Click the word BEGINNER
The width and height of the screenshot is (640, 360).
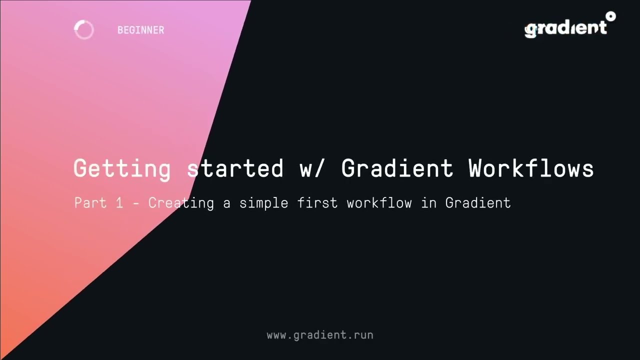pyautogui.click(x=140, y=30)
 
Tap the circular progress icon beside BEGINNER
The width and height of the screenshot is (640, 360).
pyautogui.click(x=84, y=30)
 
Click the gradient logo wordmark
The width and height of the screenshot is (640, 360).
pyautogui.click(x=565, y=28)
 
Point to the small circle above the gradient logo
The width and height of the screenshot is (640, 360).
pyautogui.click(x=610, y=16)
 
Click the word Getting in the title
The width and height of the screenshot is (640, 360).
pyautogui.click(x=122, y=168)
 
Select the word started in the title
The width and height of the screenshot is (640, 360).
pyautogui.click(x=235, y=168)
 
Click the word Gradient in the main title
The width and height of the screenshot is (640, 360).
pyautogui.click(x=397, y=168)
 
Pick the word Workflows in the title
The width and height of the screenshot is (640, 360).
pyautogui.click(x=531, y=168)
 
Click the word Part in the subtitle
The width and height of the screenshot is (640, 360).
pyautogui.click(x=90, y=203)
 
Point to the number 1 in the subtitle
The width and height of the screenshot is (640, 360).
pyautogui.click(x=119, y=203)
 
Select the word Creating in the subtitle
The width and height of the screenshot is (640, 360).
pyautogui.click(x=181, y=203)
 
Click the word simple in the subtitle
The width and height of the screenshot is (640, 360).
pyautogui.click(x=263, y=203)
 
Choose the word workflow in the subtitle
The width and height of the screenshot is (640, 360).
pyautogui.click(x=379, y=203)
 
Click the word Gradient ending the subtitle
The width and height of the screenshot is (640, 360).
pyautogui.click(x=478, y=203)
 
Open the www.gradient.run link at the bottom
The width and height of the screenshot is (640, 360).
pyautogui.click(x=320, y=335)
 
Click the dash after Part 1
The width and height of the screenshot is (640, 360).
pyautogui.click(x=135, y=203)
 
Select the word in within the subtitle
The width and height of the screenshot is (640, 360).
pyautogui.click(x=428, y=203)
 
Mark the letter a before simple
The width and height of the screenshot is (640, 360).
pyautogui.click(x=226, y=203)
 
